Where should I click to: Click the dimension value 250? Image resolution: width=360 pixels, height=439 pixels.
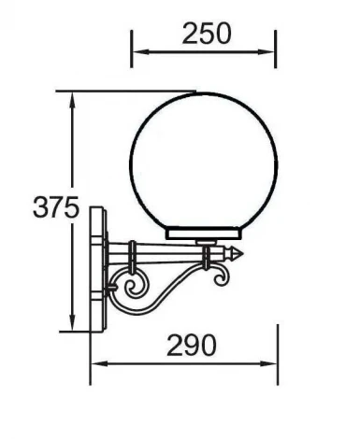pos(205,34)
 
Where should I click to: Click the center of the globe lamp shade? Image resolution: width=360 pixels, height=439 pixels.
pos(204,162)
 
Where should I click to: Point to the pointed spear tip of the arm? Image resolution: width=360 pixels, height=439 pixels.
pos(241,253)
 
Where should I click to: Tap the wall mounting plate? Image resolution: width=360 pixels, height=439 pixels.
pos(97,270)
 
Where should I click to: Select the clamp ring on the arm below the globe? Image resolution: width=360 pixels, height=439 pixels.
pos(204,253)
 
